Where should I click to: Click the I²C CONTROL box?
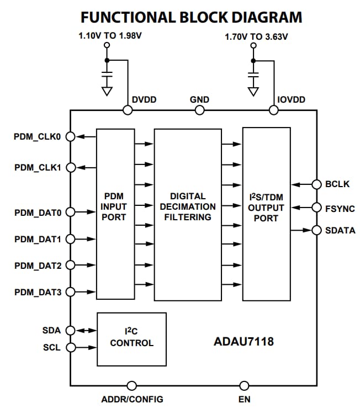pos(131,338)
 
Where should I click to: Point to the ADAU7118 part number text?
pos(243,342)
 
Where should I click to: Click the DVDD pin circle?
pos(127,110)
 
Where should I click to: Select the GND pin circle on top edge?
pos(199,110)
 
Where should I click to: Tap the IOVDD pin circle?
pos(273,110)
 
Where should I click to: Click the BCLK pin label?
pos(337,184)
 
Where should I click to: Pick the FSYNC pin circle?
pos(317,208)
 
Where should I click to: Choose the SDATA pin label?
pos(340,230)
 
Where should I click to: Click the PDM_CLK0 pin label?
pos(36,136)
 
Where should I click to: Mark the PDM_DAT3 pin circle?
pos(70,292)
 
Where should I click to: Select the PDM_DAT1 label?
pos(37,239)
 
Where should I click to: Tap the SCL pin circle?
pos(70,347)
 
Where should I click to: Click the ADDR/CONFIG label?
pos(132,399)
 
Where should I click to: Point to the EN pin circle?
pos(243,386)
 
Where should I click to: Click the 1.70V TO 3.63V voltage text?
pos(256,38)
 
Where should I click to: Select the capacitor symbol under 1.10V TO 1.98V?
pos(107,73)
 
